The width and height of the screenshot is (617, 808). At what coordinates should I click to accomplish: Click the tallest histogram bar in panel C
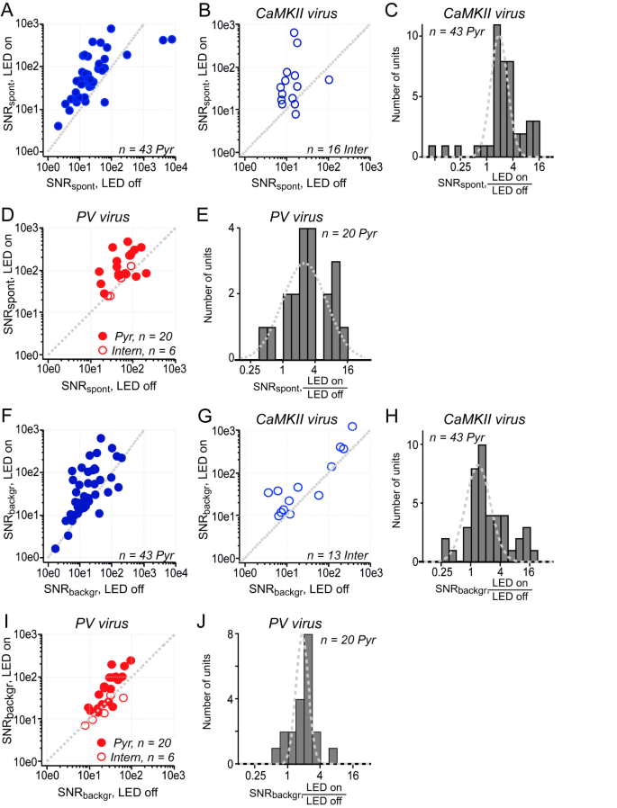pyautogui.click(x=496, y=90)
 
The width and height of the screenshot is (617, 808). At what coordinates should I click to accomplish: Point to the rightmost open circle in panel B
pyautogui.click(x=329, y=80)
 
